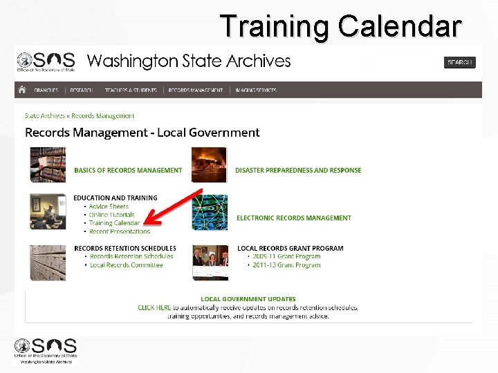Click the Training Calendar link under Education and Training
point(114,223)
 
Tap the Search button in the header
point(459,62)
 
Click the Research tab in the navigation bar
point(81,90)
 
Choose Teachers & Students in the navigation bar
point(131,90)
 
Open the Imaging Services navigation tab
point(256,90)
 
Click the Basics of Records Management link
point(128,170)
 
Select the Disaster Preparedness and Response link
point(298,170)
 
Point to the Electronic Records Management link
point(294,218)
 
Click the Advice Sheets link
point(109,207)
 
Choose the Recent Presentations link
point(120,231)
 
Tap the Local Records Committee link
point(126,265)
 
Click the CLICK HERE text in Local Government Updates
point(154,307)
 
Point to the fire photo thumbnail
point(209,164)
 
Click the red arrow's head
point(149,222)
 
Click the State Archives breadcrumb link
point(45,116)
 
